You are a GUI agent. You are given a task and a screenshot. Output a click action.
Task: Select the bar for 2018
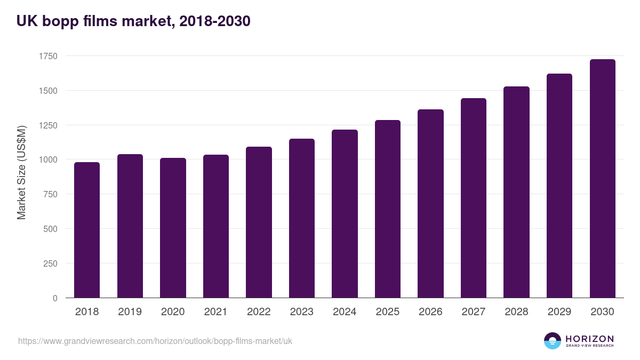pos(87,230)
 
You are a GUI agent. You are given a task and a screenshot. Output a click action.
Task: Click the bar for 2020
pos(173,228)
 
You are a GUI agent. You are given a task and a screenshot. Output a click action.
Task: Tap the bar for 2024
pos(345,213)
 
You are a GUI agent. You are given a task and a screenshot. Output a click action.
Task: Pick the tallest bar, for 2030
pos(602,179)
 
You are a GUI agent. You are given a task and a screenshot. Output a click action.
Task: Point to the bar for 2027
pos(474,198)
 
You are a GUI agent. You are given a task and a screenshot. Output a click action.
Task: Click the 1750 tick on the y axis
pos(47,56)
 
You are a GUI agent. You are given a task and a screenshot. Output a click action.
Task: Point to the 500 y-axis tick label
pos(51,229)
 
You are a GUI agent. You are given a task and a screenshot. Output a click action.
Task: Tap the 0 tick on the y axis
pos(55,298)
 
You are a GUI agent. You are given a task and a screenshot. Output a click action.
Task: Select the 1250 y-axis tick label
pos(47,125)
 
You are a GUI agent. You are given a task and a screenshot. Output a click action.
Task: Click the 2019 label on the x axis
pos(130,312)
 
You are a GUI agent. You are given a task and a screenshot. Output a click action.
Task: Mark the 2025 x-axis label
pos(387,312)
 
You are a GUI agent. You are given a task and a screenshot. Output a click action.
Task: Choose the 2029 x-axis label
pos(559,312)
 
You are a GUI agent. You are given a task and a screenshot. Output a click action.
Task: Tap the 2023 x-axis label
pos(301,312)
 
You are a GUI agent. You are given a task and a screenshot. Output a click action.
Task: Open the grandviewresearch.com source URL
pos(155,341)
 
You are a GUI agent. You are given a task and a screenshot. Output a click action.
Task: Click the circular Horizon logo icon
pos(553,341)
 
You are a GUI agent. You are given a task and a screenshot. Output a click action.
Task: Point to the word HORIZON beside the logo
pos(589,338)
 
